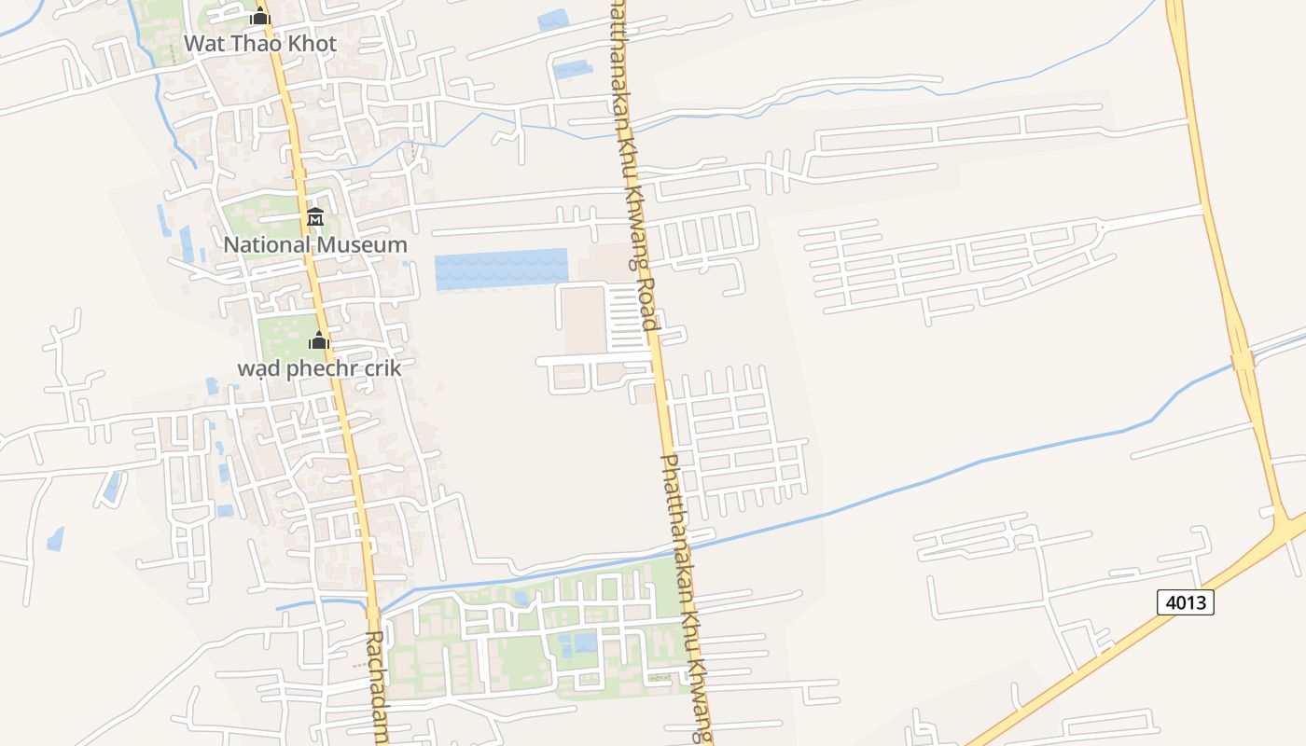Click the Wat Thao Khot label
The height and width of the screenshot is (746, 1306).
[x=259, y=44]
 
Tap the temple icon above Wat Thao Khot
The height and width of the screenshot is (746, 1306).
[x=259, y=17]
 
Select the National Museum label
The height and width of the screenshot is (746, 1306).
[x=315, y=245]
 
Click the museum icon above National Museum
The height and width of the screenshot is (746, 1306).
[x=315, y=217]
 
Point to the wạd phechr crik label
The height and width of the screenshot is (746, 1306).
[x=319, y=368]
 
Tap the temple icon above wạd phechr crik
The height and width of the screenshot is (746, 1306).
[x=319, y=340]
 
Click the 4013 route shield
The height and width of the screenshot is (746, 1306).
[x=1186, y=602]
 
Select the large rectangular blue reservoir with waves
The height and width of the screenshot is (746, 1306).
[x=501, y=269]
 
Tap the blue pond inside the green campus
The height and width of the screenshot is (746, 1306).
[x=584, y=642]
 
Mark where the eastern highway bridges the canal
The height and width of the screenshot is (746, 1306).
[x=1243, y=359]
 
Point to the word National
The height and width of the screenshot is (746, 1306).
[x=268, y=245]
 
